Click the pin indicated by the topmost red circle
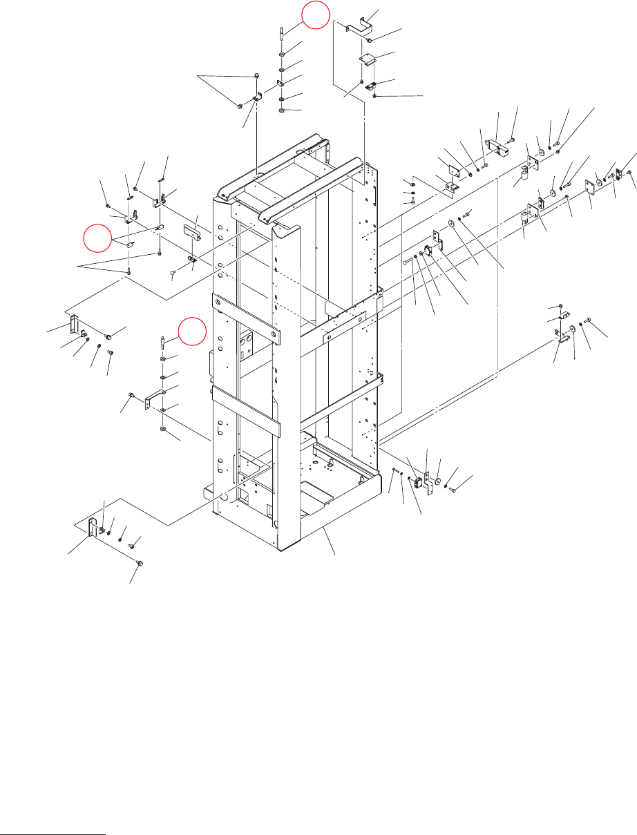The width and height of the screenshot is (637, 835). (x=283, y=32)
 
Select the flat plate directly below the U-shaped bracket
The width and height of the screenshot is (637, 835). (x=367, y=61)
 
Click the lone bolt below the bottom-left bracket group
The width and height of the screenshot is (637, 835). (x=139, y=564)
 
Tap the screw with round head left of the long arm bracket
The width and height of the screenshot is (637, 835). (x=131, y=394)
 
